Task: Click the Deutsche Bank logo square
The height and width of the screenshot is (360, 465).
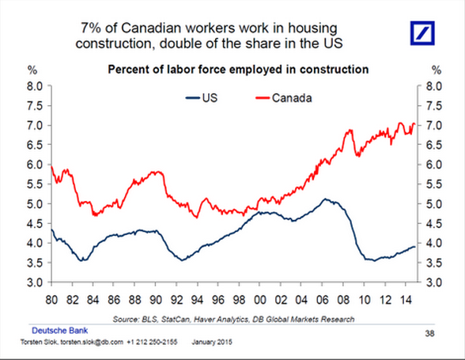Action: point(422,33)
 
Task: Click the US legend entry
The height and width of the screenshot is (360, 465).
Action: point(202,98)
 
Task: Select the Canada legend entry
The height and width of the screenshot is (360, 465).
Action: point(284,98)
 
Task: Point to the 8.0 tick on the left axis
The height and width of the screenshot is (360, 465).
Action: point(36,86)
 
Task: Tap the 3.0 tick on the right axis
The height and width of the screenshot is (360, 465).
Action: point(434,282)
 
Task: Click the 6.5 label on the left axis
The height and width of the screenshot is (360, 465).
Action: point(36,145)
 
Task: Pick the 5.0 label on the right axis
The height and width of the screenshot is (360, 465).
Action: point(434,204)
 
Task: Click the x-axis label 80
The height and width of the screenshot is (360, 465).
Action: point(51,300)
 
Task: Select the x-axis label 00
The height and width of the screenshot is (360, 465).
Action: point(259,300)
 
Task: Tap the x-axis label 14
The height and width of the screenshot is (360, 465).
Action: point(406,300)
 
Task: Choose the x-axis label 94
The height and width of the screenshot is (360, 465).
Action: point(197,300)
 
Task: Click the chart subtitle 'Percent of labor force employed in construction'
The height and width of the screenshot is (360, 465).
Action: point(238,70)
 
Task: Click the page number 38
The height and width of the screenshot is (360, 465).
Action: point(429,334)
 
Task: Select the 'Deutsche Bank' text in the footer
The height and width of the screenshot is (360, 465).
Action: point(60,331)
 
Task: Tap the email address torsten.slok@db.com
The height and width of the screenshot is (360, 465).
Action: point(92,342)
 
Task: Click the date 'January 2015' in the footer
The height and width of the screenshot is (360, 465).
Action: point(212,342)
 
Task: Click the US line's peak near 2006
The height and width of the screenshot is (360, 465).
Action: point(325,199)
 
